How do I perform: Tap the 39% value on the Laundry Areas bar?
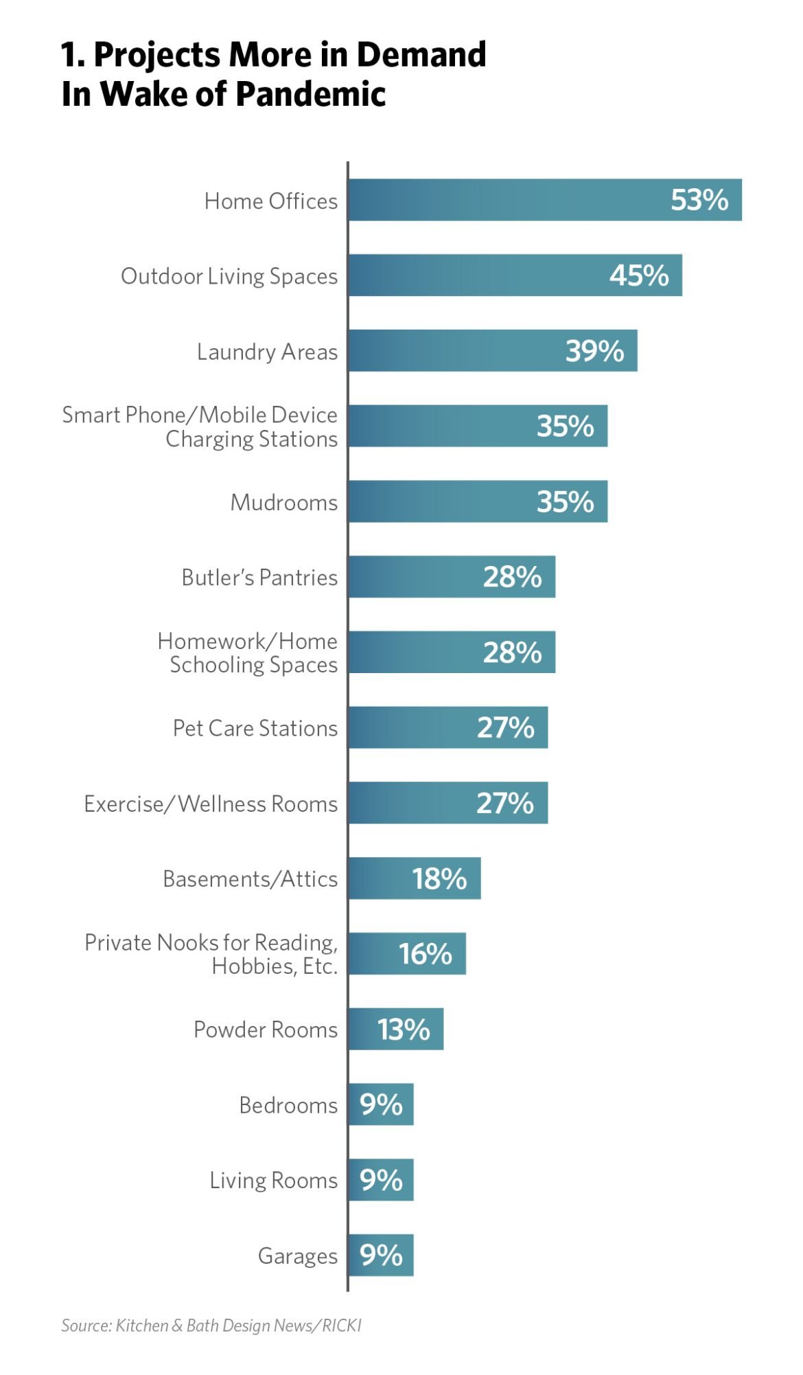pyautogui.click(x=594, y=351)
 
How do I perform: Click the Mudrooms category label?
pyautogui.click(x=284, y=502)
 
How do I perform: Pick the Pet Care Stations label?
pyautogui.click(x=255, y=728)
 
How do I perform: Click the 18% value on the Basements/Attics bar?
pyautogui.click(x=439, y=878)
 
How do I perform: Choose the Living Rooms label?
pyautogui.click(x=274, y=1180)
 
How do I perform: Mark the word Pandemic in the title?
pyautogui.click(x=311, y=94)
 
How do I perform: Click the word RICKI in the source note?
pyautogui.click(x=342, y=1326)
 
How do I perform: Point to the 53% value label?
pyautogui.click(x=699, y=200)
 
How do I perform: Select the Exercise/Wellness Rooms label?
pyautogui.click(x=211, y=804)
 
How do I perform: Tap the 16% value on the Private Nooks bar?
pyautogui.click(x=426, y=954)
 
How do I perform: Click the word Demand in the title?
pyautogui.click(x=421, y=55)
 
